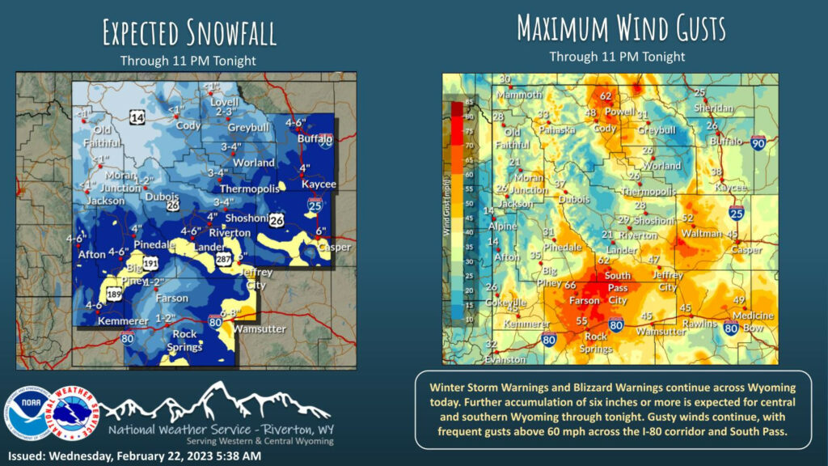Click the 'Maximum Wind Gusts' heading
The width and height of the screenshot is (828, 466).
click(621, 28)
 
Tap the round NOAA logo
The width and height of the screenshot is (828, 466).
click(30, 413)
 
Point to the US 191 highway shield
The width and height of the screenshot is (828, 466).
click(150, 265)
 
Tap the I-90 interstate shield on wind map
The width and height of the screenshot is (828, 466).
click(758, 144)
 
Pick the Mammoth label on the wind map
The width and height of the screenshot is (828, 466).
click(517, 94)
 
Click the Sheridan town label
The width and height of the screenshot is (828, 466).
click(714, 108)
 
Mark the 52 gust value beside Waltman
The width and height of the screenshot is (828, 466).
click(688, 218)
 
